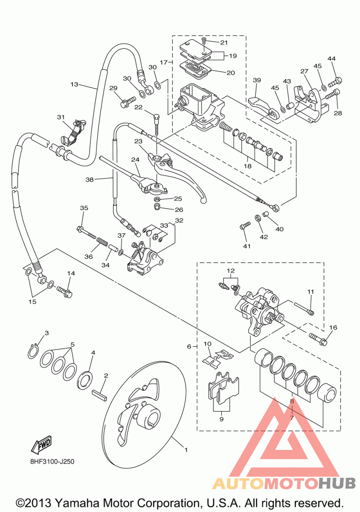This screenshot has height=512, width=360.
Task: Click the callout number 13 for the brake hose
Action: point(74,84)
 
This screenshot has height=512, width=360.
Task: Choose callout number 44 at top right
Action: point(332,59)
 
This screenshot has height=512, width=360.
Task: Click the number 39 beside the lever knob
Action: point(257,80)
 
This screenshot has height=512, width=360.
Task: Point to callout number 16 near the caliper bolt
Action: point(333,328)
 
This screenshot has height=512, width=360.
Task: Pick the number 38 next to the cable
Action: point(90,180)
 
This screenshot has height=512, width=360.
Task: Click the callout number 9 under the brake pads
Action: point(221,419)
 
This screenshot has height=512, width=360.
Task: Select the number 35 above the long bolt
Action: point(84,208)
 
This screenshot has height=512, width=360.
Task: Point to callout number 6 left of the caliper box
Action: point(189,346)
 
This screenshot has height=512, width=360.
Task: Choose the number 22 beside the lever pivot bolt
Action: point(138,107)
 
